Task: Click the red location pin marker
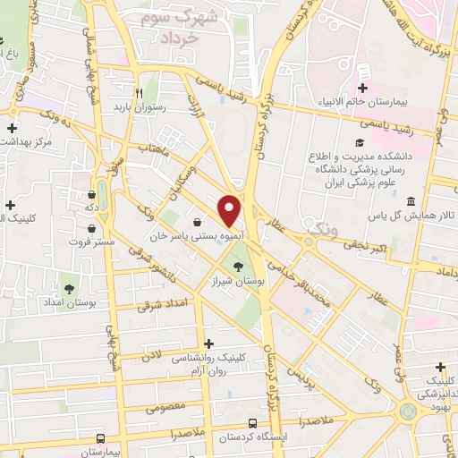point(230,210)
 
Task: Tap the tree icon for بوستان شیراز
point(239,266)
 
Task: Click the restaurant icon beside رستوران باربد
point(139,92)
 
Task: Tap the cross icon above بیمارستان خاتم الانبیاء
point(362,88)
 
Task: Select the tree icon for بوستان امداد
point(69,288)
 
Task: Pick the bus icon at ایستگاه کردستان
point(253,423)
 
